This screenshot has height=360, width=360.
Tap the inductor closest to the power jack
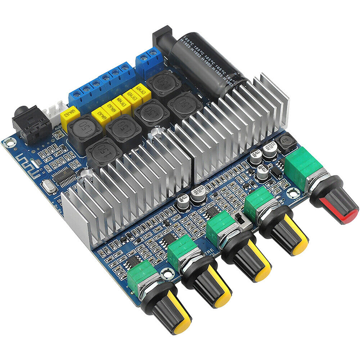pos(162,83)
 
